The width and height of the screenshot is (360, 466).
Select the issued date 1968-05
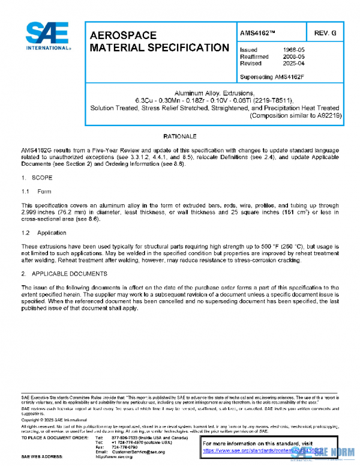(293, 49)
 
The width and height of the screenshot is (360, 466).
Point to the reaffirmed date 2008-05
(293, 56)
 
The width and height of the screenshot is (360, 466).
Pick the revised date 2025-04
(293, 62)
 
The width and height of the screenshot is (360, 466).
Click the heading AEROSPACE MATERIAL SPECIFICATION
(159, 41)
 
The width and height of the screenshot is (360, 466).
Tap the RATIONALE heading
(180, 137)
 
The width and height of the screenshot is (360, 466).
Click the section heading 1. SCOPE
(38, 178)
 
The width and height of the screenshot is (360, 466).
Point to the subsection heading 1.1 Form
(38, 192)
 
